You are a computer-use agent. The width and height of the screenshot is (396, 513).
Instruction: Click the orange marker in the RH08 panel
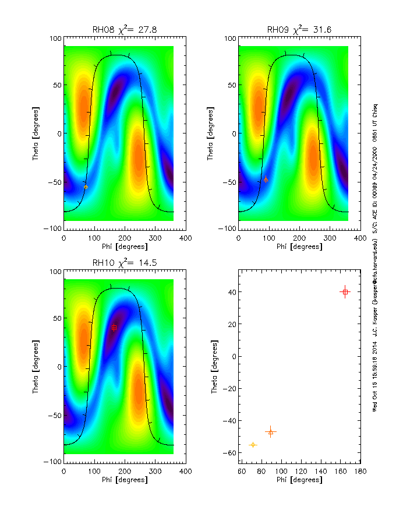[x=86, y=186]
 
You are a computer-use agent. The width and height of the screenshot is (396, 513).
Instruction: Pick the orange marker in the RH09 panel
[x=266, y=180]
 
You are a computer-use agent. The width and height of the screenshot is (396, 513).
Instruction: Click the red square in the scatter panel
[x=345, y=291]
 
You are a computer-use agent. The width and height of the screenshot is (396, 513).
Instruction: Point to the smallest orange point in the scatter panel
[x=253, y=445]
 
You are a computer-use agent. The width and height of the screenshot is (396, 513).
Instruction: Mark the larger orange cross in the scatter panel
[x=270, y=432]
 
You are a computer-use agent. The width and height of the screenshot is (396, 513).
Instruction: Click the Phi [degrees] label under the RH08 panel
[x=125, y=247]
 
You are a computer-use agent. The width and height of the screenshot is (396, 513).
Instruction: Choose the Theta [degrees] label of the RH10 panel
[x=36, y=366]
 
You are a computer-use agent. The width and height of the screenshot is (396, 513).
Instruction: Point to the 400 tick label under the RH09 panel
[x=360, y=238]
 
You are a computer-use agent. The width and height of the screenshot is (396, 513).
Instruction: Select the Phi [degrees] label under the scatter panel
[x=299, y=480]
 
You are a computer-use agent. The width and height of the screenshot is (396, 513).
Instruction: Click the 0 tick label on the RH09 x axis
[x=238, y=238]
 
